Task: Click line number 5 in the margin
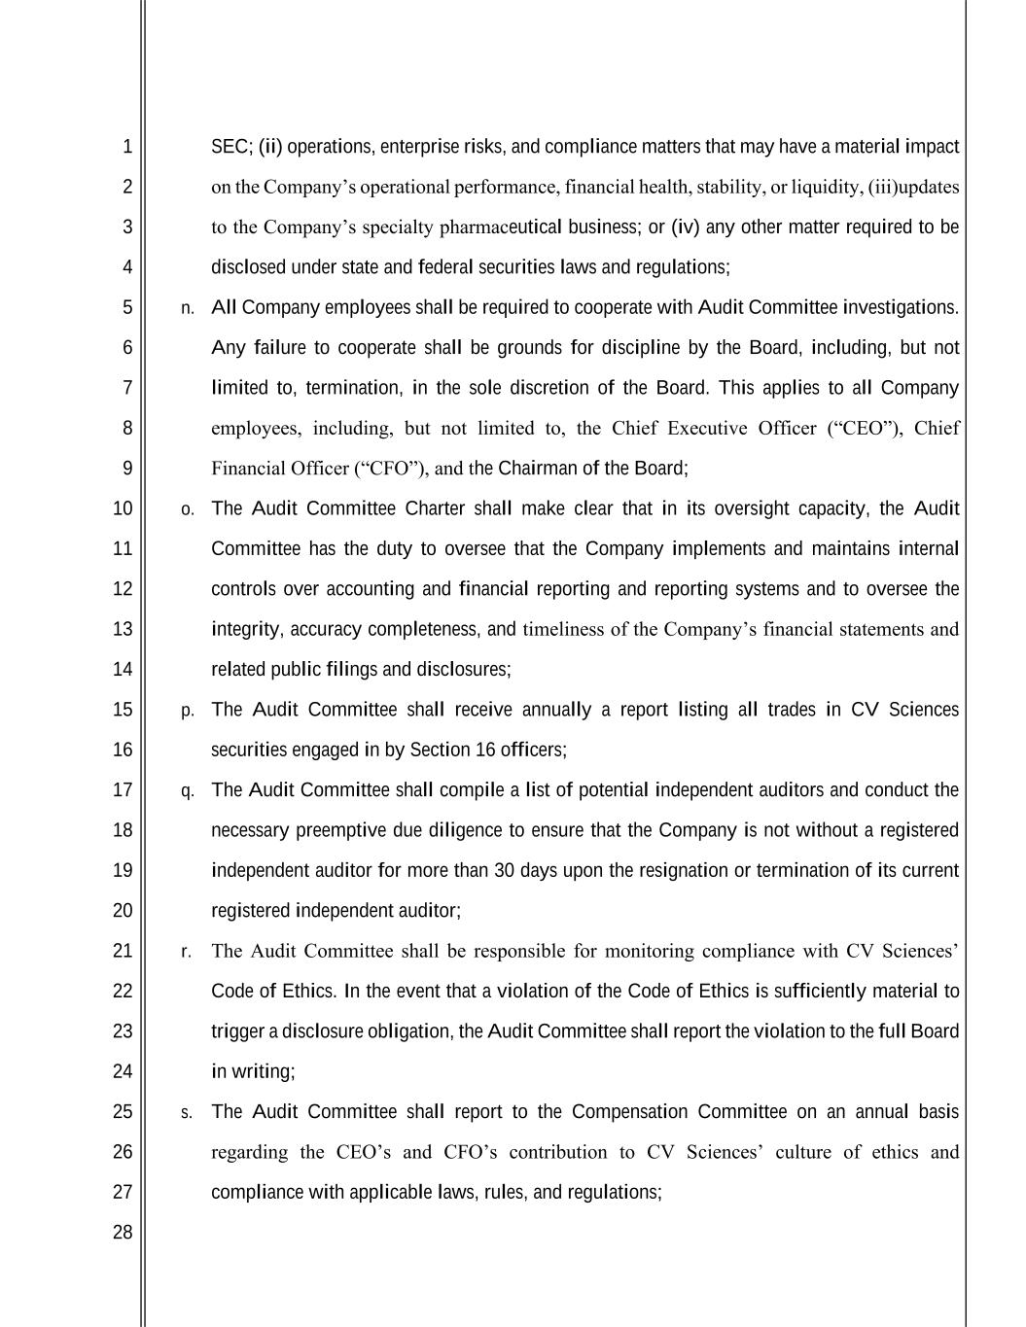tap(127, 307)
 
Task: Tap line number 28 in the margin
tap(123, 1232)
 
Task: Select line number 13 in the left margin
tap(123, 629)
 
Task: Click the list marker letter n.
tap(187, 308)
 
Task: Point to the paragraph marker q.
tap(187, 791)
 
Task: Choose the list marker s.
tap(187, 1112)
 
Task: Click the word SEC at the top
tap(230, 147)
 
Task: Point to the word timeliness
tap(563, 629)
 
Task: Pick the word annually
tap(556, 710)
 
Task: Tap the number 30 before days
tap(504, 870)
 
